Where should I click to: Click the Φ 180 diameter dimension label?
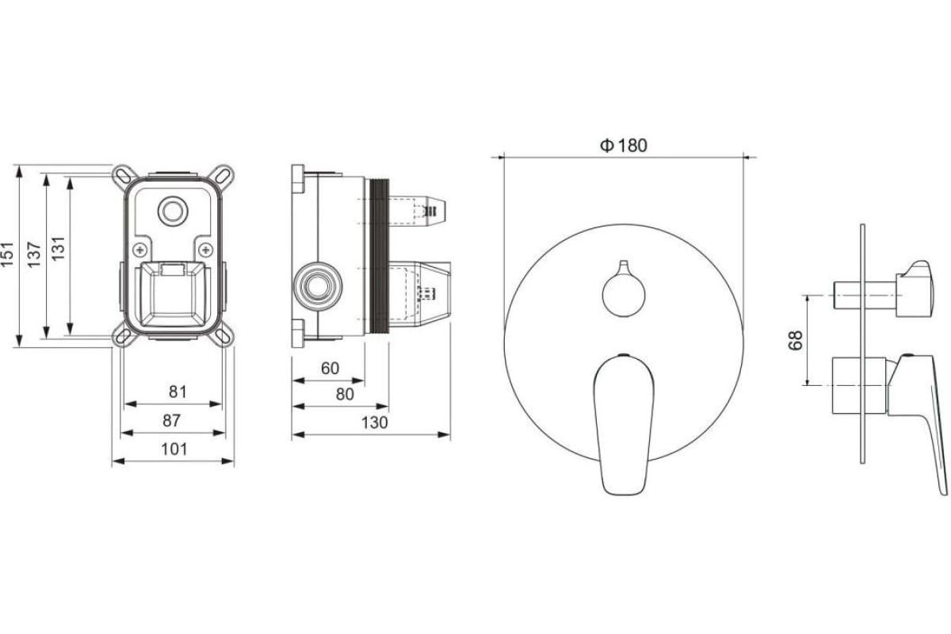623,146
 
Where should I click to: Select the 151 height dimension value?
7,254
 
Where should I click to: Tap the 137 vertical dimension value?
34,254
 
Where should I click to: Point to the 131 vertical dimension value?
58,248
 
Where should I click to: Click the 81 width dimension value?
178,391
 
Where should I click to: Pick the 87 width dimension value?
171,420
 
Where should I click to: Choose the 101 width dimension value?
174,449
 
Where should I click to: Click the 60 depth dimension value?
330,369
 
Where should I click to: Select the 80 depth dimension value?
344,395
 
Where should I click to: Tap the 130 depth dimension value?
374,422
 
